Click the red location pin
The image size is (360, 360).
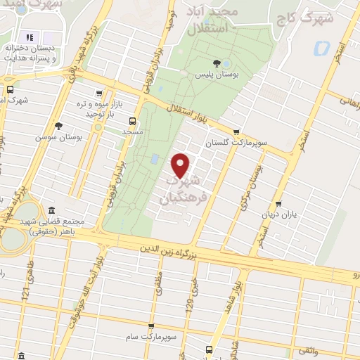(181, 165)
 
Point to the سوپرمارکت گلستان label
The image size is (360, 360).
(227, 142)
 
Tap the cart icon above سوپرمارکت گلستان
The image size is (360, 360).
(236, 131)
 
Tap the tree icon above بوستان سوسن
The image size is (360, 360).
(59, 126)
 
